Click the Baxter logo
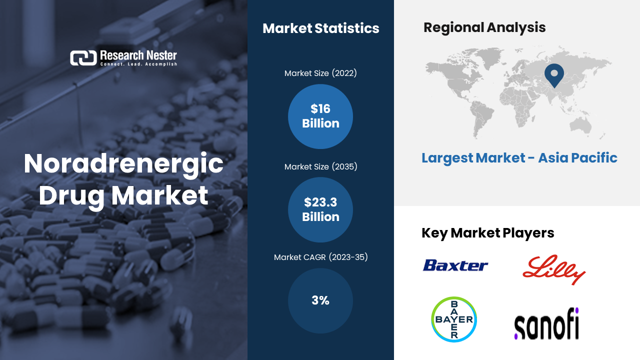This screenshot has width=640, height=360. pos(455,265)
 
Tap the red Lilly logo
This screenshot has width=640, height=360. pos(553,269)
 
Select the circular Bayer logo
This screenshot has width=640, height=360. pos(454,319)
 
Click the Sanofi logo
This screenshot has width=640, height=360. pos(546,323)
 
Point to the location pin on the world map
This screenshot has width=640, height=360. pos(554,75)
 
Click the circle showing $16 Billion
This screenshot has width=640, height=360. pos(320,116)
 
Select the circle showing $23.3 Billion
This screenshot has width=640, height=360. pos(320,209)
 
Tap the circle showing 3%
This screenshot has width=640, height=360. pos(320,300)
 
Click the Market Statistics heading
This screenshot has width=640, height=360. pos(321,28)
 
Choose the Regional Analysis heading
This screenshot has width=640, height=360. pos(484,28)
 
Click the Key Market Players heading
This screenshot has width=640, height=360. pos(487,233)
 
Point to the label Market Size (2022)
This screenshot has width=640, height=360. pos(320,73)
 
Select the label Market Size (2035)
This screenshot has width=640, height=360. pos(320,167)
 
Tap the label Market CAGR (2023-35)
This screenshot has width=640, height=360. pos(320,257)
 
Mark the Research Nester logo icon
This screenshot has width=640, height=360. pos(83,58)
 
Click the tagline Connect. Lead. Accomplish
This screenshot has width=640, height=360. pos(138,64)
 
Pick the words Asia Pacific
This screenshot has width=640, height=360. pos(577,158)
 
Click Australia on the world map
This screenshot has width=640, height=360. pos(580,125)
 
